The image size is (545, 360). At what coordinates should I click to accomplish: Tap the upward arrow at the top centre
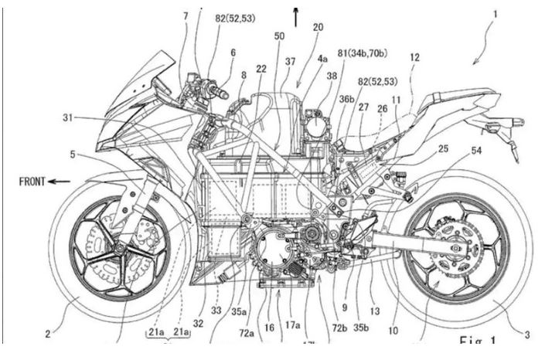point(295,15)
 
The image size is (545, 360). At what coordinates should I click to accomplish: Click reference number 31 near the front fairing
point(70,117)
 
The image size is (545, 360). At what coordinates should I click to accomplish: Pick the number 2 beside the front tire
point(48,334)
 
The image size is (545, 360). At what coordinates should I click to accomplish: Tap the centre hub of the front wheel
point(121,248)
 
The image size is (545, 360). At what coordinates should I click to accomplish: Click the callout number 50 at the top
point(278,36)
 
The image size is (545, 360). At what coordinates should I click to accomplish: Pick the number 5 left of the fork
point(72,155)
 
